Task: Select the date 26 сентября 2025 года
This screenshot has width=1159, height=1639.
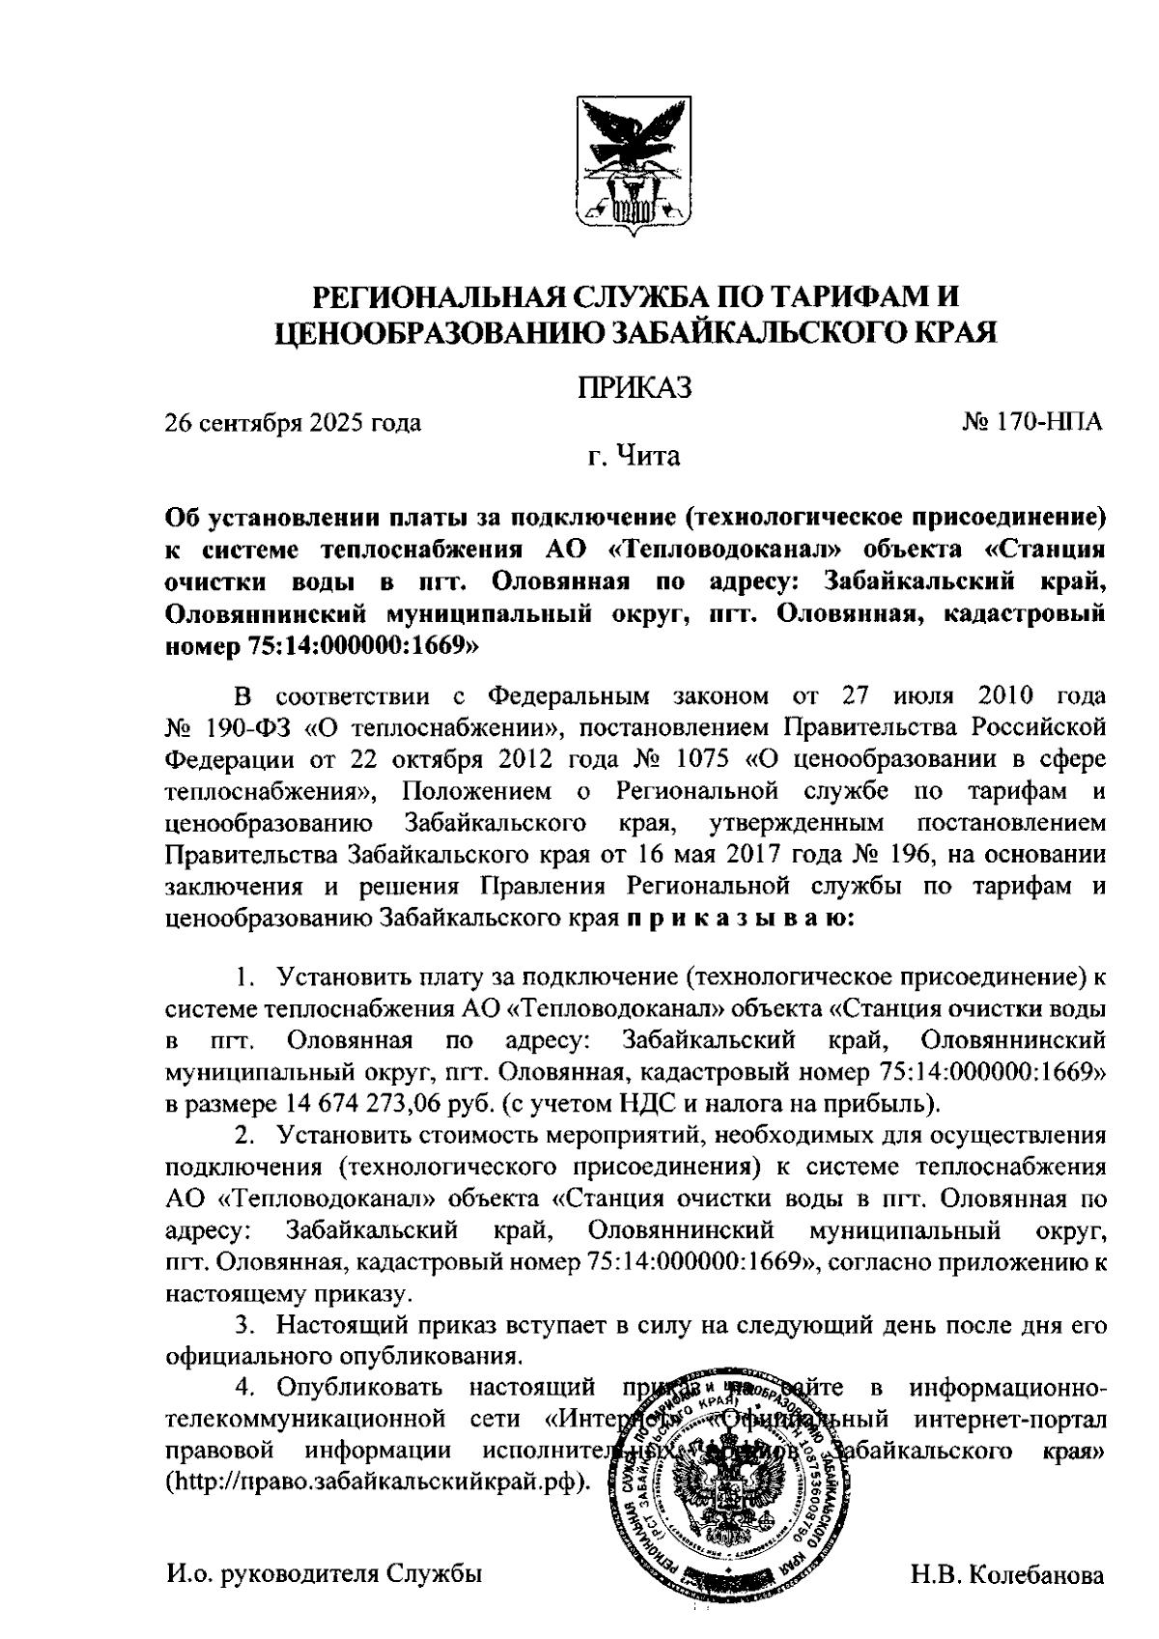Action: [293, 422]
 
